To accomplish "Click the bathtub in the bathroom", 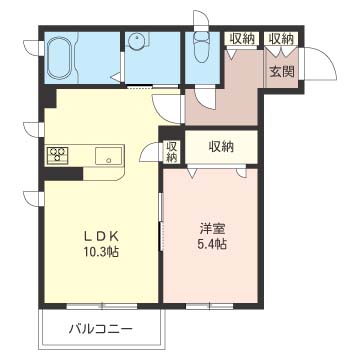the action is pos(60,57).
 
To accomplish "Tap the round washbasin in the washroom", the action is pos(137,42).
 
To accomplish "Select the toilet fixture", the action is pos(201,47).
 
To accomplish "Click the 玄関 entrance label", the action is pos(282,72).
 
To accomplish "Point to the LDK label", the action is pos(101,236).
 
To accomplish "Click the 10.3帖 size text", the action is pos(101,252).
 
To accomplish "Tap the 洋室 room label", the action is pos(213,229).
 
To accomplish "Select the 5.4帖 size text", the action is pos(212,245).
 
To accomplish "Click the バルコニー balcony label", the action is pos(101,329).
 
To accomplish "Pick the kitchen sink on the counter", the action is pos(108,156).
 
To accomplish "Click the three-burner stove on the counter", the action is pos(58,155).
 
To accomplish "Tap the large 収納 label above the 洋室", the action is pos(221,147).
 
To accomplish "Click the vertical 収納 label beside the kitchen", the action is pos(171,152).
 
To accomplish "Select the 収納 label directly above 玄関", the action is pos(281,39).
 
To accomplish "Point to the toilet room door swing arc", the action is pos(206,98).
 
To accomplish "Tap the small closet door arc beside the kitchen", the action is pos(152,152).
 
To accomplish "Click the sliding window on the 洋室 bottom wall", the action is pos(209,306).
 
